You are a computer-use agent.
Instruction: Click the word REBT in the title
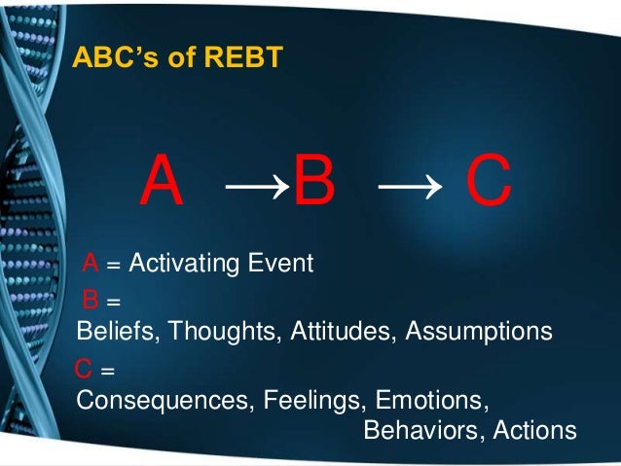[x=248, y=58]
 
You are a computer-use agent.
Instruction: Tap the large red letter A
[x=163, y=184]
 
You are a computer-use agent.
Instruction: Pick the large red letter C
[x=488, y=184]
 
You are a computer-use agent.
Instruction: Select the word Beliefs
[x=118, y=331]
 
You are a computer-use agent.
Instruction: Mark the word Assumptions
[x=478, y=332]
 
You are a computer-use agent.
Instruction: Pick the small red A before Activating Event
[x=90, y=263]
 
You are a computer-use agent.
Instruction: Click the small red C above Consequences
[x=85, y=371]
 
